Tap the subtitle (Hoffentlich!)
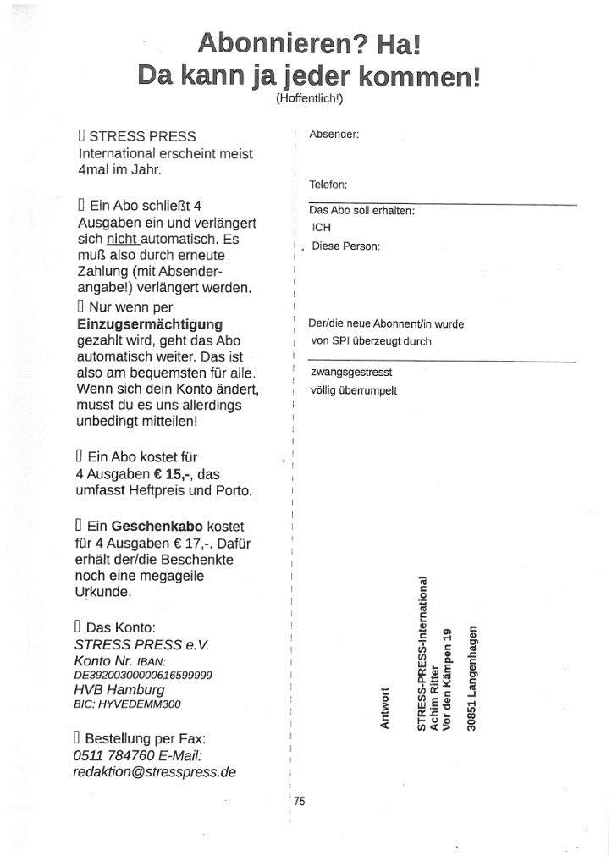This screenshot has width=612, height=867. pos(309,98)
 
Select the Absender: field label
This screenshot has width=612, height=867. pos(334,135)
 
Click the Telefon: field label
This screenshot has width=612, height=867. pos(328,185)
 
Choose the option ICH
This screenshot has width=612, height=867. pos(321,228)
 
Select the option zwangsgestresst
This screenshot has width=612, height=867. pos(351,372)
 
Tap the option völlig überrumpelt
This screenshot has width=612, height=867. pos(354,390)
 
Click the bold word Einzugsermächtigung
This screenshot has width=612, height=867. pos(150,324)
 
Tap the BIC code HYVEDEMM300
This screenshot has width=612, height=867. pos(127,704)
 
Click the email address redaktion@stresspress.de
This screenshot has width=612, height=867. pos(154,772)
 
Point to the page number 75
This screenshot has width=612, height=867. pos(300,801)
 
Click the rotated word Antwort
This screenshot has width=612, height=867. pos(385,710)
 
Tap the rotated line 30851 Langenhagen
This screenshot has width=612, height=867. pos(473,677)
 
